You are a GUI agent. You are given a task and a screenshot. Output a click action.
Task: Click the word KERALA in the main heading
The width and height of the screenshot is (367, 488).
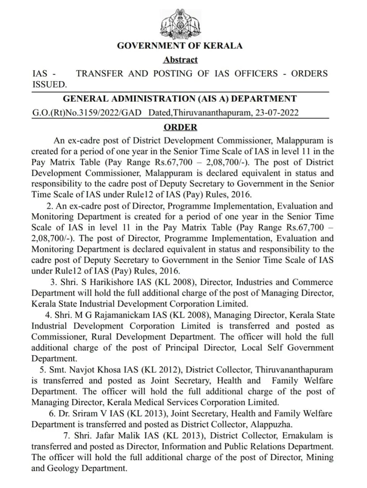coord(223,46)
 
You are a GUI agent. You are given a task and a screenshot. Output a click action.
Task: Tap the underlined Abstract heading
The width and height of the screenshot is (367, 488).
coord(180,60)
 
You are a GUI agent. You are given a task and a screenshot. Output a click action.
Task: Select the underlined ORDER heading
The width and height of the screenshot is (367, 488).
coord(180,127)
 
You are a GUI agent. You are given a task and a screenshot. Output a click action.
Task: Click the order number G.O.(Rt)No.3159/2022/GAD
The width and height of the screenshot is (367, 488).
coord(87,113)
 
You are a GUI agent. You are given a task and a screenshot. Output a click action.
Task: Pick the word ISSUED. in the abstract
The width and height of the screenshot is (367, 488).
coord(50,85)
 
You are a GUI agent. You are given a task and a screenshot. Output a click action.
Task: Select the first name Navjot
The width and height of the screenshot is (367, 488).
coord(78,370)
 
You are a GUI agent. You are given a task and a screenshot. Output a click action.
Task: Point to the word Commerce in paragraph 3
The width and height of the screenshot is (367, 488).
coord(312,283)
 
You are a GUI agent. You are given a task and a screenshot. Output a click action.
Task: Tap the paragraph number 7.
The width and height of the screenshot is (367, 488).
coord(66,436)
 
